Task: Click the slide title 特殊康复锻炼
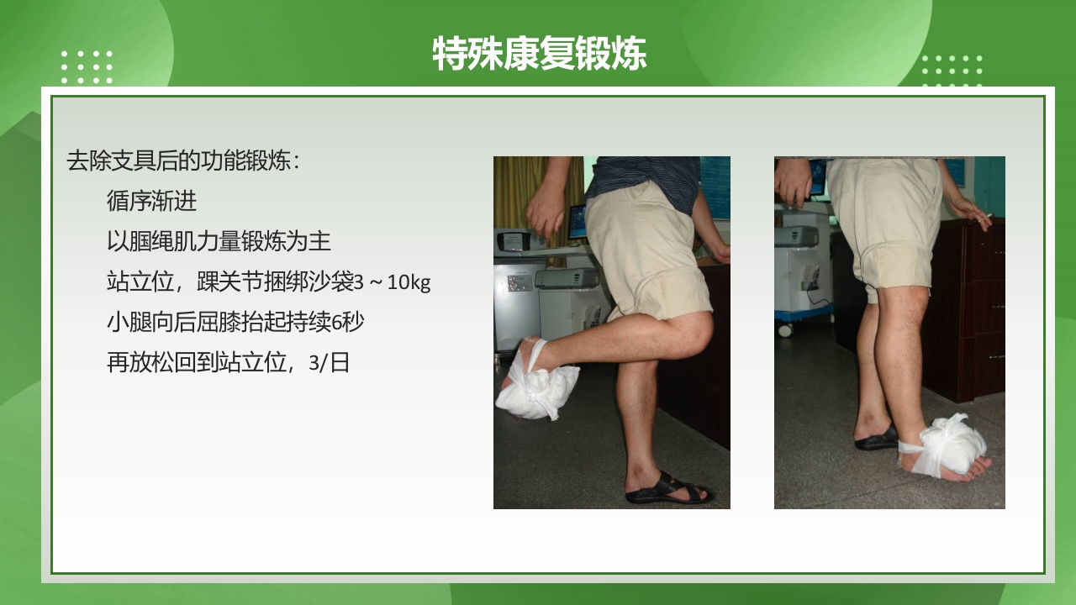(539, 55)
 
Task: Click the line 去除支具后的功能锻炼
(183, 160)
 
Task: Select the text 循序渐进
(151, 201)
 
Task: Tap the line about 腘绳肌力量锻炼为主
(219, 242)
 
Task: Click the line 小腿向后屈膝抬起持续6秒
(235, 323)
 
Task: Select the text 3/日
(329, 363)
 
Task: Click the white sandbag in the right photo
(950, 445)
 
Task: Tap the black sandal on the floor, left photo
(668, 491)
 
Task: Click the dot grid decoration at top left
(87, 67)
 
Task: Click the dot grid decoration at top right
(952, 71)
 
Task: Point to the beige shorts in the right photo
(883, 218)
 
